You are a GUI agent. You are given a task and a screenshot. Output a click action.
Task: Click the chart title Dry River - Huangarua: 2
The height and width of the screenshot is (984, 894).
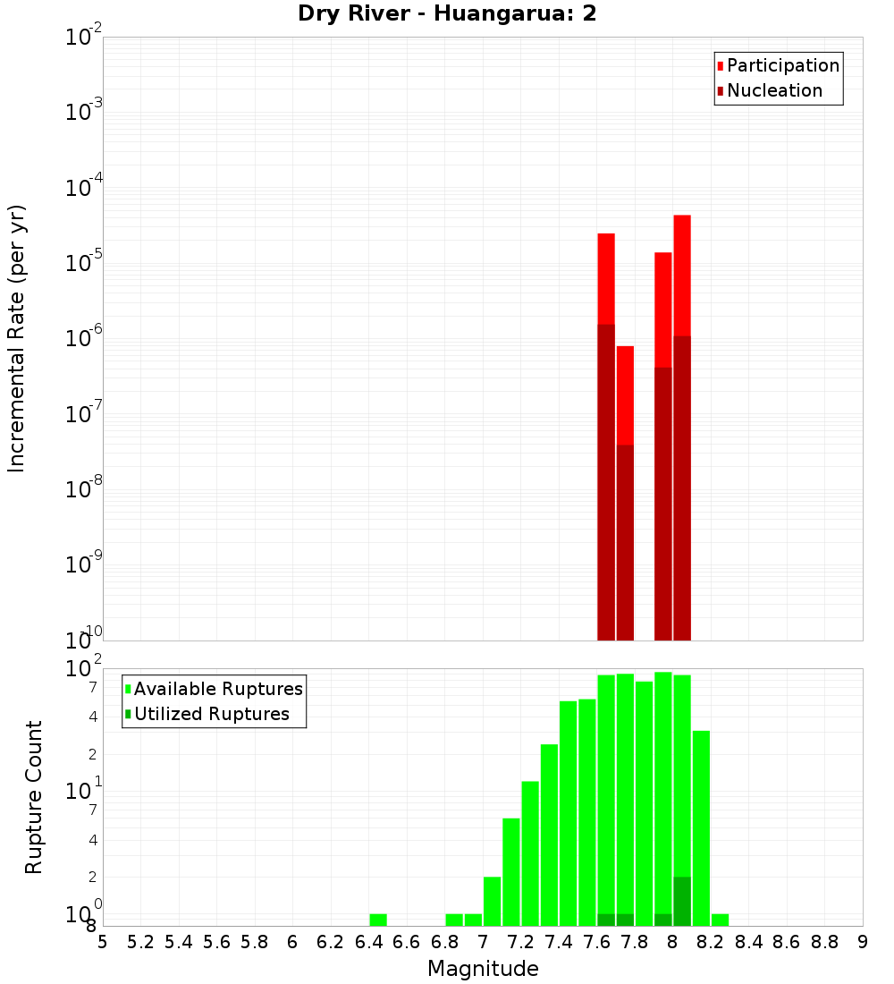coord(447,13)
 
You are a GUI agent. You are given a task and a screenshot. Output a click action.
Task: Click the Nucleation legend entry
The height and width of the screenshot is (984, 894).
coord(773,90)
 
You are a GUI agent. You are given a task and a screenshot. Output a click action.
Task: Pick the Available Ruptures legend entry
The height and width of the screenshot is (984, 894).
coord(217,689)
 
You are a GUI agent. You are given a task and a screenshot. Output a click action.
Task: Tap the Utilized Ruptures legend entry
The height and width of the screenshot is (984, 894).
coord(211,714)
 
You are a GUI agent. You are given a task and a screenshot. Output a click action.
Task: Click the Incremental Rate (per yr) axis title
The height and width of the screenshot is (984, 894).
coord(17,338)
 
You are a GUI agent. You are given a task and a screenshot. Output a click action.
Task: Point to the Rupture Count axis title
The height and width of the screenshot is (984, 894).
coord(34,796)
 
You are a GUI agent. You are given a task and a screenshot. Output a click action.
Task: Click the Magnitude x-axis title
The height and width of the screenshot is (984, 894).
coord(483,968)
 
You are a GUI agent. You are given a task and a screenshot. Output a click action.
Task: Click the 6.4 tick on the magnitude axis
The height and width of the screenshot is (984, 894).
coord(368,942)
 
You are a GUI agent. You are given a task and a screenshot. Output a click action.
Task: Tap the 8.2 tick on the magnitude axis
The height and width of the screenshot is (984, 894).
coord(711,942)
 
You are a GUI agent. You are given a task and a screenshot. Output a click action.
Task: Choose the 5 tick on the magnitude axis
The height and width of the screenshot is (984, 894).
coord(103,942)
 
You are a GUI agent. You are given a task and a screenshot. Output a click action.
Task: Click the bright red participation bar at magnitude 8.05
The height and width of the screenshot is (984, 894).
coord(682,274)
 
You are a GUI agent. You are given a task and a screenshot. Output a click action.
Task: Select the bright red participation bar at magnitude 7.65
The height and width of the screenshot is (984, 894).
coord(606,277)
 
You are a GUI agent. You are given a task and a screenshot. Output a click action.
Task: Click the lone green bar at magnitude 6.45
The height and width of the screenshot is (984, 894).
coord(378,920)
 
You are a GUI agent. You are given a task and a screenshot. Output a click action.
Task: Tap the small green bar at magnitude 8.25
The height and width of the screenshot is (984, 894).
coord(720,920)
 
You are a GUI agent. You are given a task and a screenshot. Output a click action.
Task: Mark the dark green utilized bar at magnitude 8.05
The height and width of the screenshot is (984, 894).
coord(682,902)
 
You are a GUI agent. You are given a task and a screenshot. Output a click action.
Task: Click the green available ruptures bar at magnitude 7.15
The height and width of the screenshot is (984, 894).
coord(511,872)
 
